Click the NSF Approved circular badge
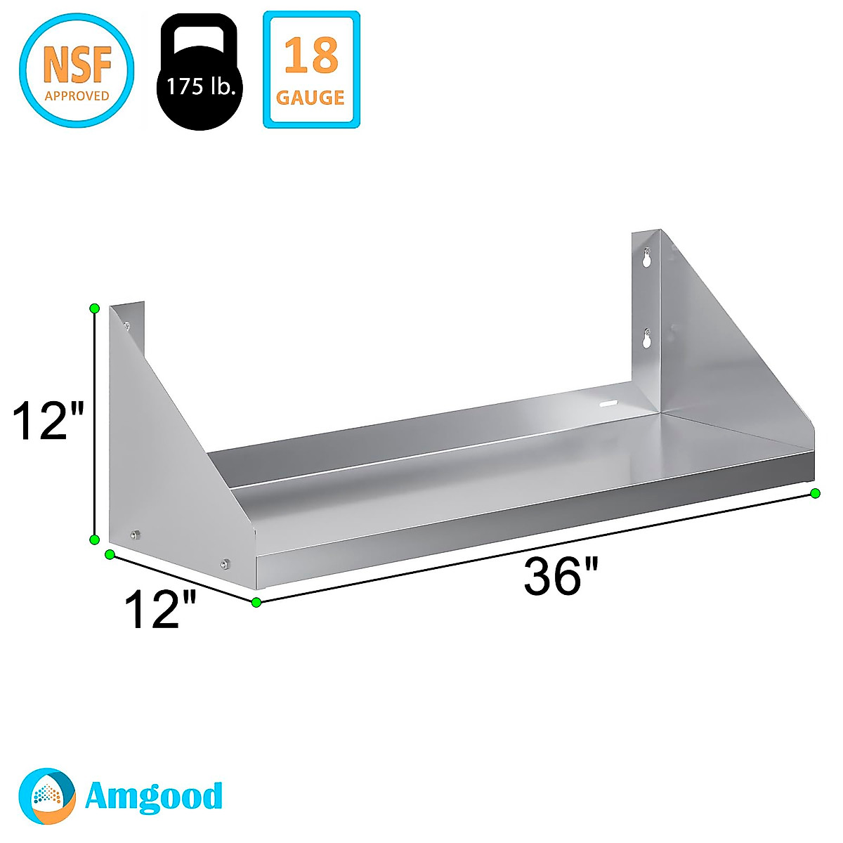(77, 70)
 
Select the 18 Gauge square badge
(311, 70)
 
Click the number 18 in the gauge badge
(311, 56)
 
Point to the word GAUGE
(311, 97)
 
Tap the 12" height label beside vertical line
(48, 421)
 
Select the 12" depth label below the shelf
(159, 609)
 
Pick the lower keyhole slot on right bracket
(647, 339)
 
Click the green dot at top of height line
(95, 308)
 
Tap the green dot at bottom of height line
(93, 539)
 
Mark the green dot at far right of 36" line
(815, 493)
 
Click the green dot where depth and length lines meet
(256, 602)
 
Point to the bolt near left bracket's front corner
(225, 563)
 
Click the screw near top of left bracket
(127, 325)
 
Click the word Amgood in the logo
(153, 796)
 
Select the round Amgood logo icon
(47, 795)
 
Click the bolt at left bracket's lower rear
(136, 535)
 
